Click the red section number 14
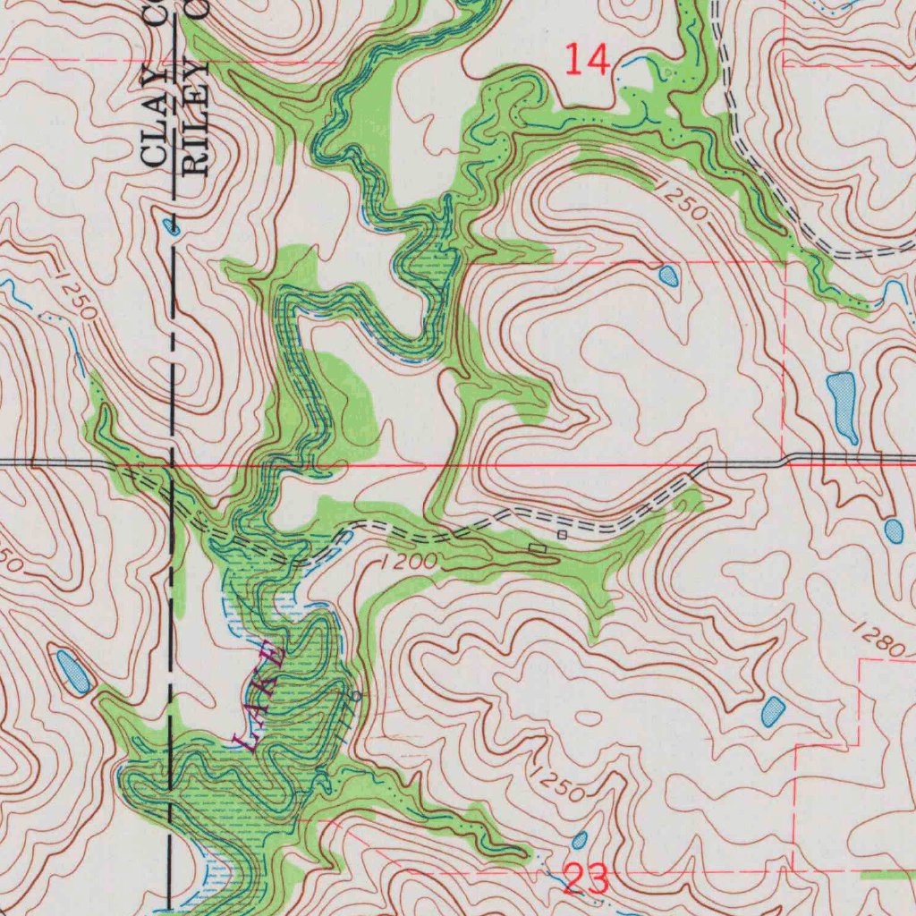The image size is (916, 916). (589, 61)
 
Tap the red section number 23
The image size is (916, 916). (587, 879)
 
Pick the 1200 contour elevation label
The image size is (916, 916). (408, 564)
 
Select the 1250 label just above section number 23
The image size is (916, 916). (556, 783)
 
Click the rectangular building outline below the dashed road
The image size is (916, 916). (537, 547)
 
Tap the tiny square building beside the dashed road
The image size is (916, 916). (562, 534)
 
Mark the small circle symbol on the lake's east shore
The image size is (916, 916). (357, 696)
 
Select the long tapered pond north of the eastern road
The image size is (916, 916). (843, 405)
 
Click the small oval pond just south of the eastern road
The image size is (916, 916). (894, 530)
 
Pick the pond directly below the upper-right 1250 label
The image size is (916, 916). (668, 276)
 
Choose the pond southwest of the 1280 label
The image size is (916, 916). (773, 711)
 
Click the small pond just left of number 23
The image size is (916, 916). (580, 840)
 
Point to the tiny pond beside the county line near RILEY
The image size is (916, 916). (172, 227)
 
